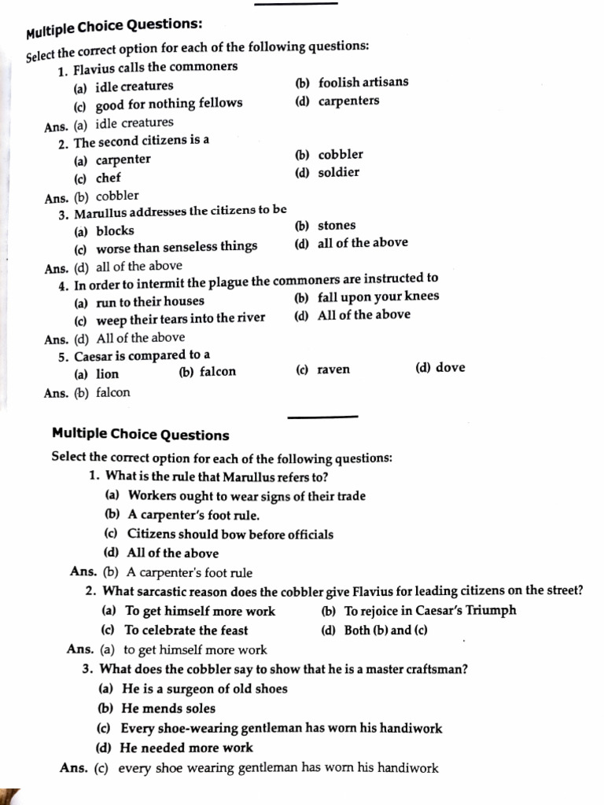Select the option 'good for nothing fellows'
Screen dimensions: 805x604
(169, 104)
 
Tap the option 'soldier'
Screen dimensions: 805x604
(338, 173)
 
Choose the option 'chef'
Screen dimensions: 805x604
(108, 178)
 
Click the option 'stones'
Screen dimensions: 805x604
(337, 226)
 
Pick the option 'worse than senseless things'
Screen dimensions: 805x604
(176, 247)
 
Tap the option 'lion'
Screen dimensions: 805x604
(107, 374)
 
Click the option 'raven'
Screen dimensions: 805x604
(333, 369)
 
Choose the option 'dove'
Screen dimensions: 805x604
(450, 367)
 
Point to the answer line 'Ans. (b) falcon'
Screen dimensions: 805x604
(87, 393)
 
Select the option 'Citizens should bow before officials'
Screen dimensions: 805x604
(230, 535)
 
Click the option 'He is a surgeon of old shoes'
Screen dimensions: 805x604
(204, 689)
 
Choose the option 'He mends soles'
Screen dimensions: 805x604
(168, 708)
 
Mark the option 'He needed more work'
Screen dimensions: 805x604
(186, 748)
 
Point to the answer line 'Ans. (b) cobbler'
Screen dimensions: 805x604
(92, 197)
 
